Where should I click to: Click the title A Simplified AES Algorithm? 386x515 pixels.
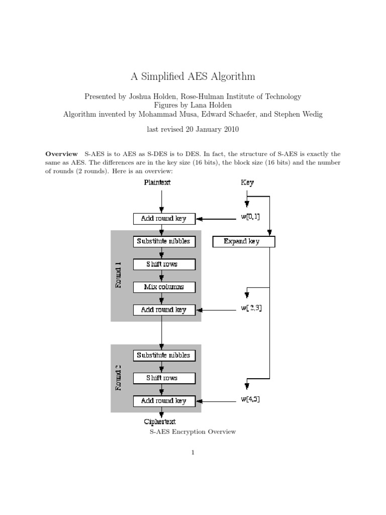click(193, 76)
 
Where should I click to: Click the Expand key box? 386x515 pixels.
click(243, 241)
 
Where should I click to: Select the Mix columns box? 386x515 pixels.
click(164, 287)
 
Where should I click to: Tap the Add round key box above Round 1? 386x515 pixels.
click(164, 219)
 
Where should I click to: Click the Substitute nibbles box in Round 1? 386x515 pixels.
click(164, 241)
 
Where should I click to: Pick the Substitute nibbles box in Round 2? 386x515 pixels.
click(164, 355)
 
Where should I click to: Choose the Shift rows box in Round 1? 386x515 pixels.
click(164, 264)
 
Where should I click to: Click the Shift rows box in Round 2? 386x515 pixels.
click(164, 378)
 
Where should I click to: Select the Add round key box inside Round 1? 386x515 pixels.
click(164, 310)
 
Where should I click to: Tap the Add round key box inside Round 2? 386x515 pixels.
click(164, 401)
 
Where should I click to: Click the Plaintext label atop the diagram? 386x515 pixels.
click(157, 183)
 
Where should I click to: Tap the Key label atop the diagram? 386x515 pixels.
click(247, 183)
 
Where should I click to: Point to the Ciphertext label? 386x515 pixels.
click(160, 422)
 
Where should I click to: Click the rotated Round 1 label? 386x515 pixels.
click(119, 275)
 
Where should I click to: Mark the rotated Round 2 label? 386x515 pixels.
click(119, 378)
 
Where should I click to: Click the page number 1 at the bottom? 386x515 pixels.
click(192, 453)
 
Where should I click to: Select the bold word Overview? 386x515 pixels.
click(61, 154)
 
